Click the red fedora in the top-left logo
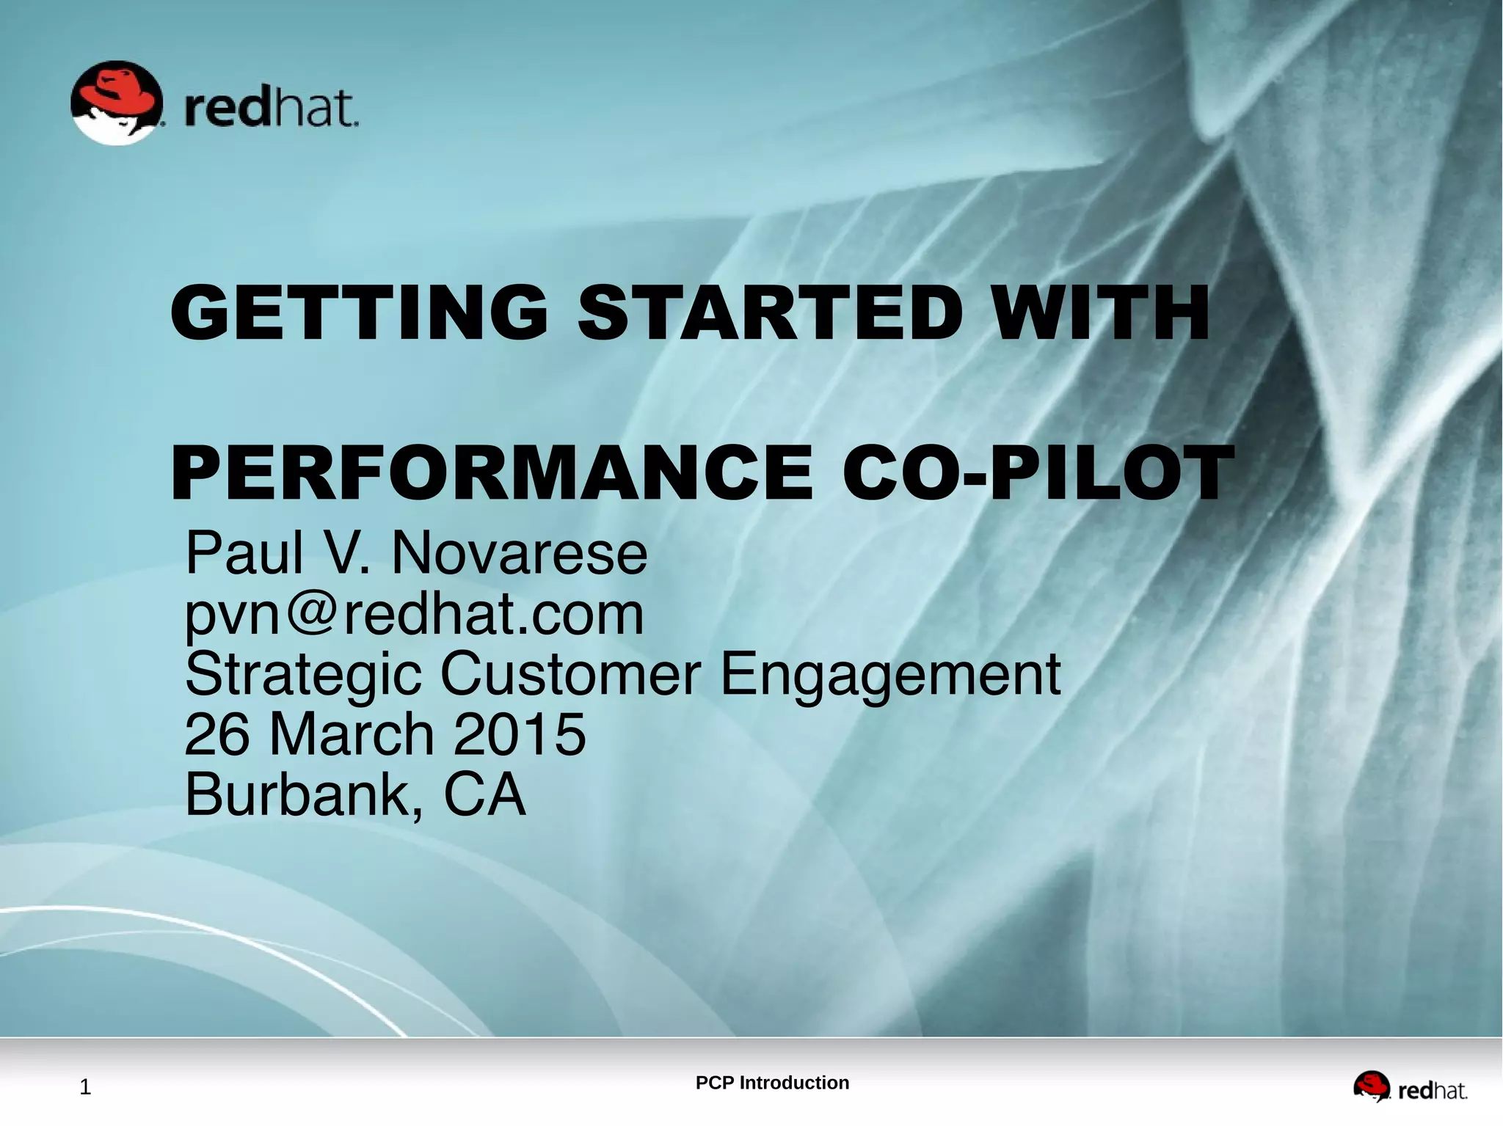pyautogui.click(x=117, y=92)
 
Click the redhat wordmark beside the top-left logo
pyautogui.click(x=270, y=109)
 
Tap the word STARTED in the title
pyautogui.click(x=769, y=313)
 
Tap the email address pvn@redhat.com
pyautogui.click(x=414, y=614)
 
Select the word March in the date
pyautogui.click(x=352, y=734)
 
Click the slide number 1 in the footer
pyautogui.click(x=85, y=1087)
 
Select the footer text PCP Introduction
pyautogui.click(x=772, y=1083)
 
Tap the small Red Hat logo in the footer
pyautogui.click(x=1410, y=1086)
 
